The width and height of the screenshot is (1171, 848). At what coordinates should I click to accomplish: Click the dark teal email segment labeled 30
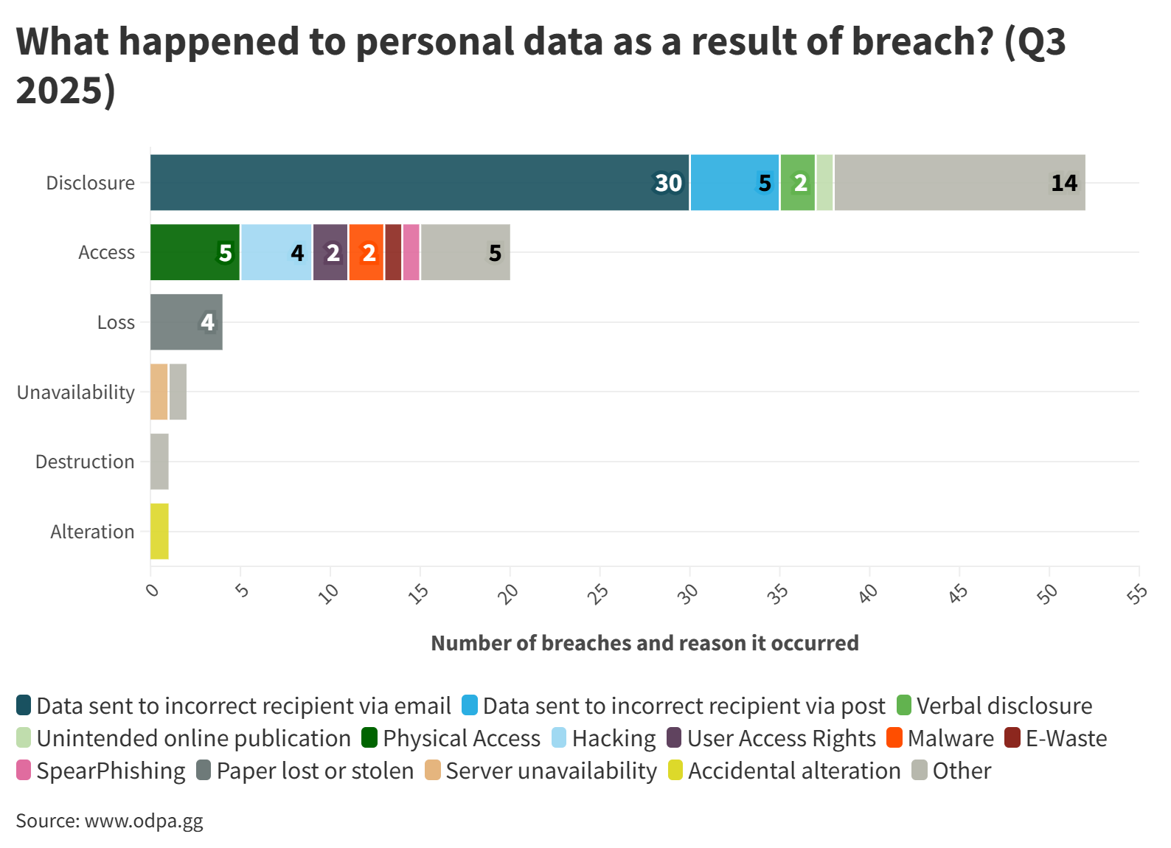(x=420, y=182)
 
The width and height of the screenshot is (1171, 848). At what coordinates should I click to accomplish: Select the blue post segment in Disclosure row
(x=734, y=182)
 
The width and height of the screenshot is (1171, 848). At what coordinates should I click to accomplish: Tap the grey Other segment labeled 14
(x=959, y=182)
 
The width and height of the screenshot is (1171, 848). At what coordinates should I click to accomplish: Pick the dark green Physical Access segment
(x=195, y=252)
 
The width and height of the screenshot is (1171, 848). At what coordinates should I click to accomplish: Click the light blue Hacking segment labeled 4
(x=276, y=252)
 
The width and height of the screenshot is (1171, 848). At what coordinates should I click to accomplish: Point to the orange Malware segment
(x=366, y=252)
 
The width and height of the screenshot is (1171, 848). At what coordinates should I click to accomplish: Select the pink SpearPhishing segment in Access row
(x=411, y=252)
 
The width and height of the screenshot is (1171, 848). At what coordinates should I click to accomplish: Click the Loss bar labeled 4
(x=186, y=322)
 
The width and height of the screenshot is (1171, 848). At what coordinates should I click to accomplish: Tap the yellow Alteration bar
(x=159, y=531)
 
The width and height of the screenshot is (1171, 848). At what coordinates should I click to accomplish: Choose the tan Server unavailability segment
(x=159, y=392)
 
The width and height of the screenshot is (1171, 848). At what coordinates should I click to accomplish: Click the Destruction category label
(x=85, y=462)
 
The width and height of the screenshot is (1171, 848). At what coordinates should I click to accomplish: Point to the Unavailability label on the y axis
(x=75, y=392)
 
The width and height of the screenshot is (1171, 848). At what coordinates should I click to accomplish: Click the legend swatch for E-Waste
(x=1012, y=738)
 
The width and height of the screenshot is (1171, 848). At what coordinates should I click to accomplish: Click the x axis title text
(x=644, y=643)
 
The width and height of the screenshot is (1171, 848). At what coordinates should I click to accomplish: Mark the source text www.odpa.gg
(x=144, y=821)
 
